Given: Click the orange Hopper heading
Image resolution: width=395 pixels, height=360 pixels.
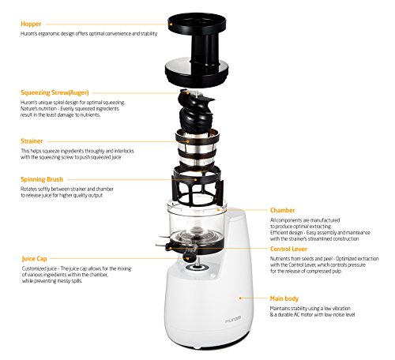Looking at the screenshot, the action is pyautogui.click(x=31, y=24).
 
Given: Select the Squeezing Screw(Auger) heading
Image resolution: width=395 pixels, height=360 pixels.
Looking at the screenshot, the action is pyautogui.click(x=55, y=92).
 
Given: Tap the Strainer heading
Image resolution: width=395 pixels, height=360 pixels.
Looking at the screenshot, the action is pyautogui.click(x=32, y=141).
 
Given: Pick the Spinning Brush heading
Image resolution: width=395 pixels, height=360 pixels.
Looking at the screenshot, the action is pyautogui.click(x=42, y=179).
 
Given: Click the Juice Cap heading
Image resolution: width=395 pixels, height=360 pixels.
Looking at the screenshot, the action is pyautogui.click(x=34, y=259).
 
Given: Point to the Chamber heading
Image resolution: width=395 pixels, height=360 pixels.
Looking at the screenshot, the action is pyautogui.click(x=282, y=210).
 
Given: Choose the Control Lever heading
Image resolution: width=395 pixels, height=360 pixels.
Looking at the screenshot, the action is pyautogui.click(x=288, y=249).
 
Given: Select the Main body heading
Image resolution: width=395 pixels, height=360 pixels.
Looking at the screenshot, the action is pyautogui.click(x=284, y=298).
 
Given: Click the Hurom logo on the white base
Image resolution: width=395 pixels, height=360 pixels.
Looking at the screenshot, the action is pyautogui.click(x=233, y=319).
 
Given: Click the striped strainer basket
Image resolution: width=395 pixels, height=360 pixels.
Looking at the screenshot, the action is pyautogui.click(x=197, y=149).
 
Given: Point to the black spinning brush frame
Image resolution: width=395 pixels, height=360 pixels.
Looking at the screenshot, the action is pyautogui.click(x=198, y=186).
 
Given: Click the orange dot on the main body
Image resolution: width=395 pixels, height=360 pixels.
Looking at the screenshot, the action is pyautogui.click(x=240, y=298).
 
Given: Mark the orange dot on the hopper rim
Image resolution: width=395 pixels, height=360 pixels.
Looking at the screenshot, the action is pyautogui.click(x=171, y=24).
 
